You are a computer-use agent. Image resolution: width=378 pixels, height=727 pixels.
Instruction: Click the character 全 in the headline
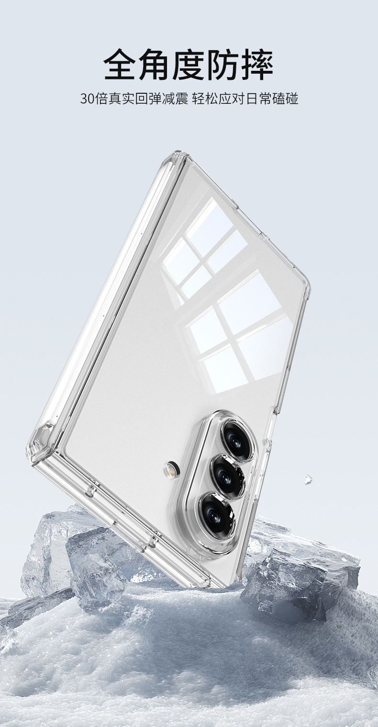point(121,64)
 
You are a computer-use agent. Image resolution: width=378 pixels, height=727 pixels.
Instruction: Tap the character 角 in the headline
point(154,64)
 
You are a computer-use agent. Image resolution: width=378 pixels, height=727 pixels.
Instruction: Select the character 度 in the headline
point(189,64)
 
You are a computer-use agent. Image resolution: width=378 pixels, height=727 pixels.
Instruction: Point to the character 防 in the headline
point(223,64)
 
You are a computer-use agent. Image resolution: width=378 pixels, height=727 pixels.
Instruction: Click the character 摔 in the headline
point(257,64)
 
